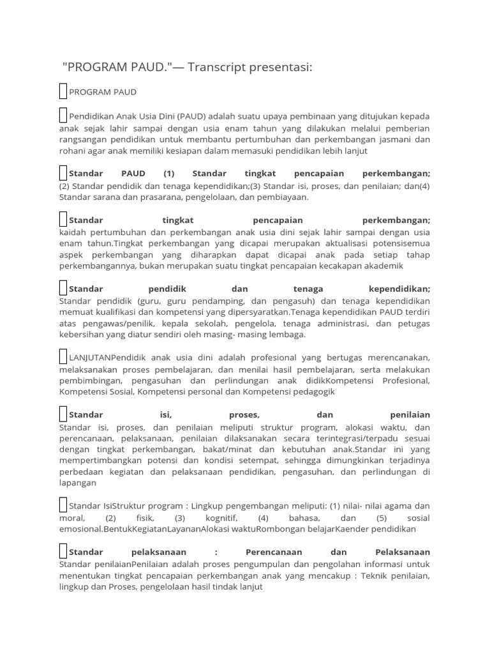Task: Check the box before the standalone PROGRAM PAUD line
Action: click(63, 91)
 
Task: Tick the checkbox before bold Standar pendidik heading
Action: click(63, 289)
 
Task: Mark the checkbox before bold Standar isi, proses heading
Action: click(63, 414)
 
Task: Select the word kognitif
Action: click(223, 518)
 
